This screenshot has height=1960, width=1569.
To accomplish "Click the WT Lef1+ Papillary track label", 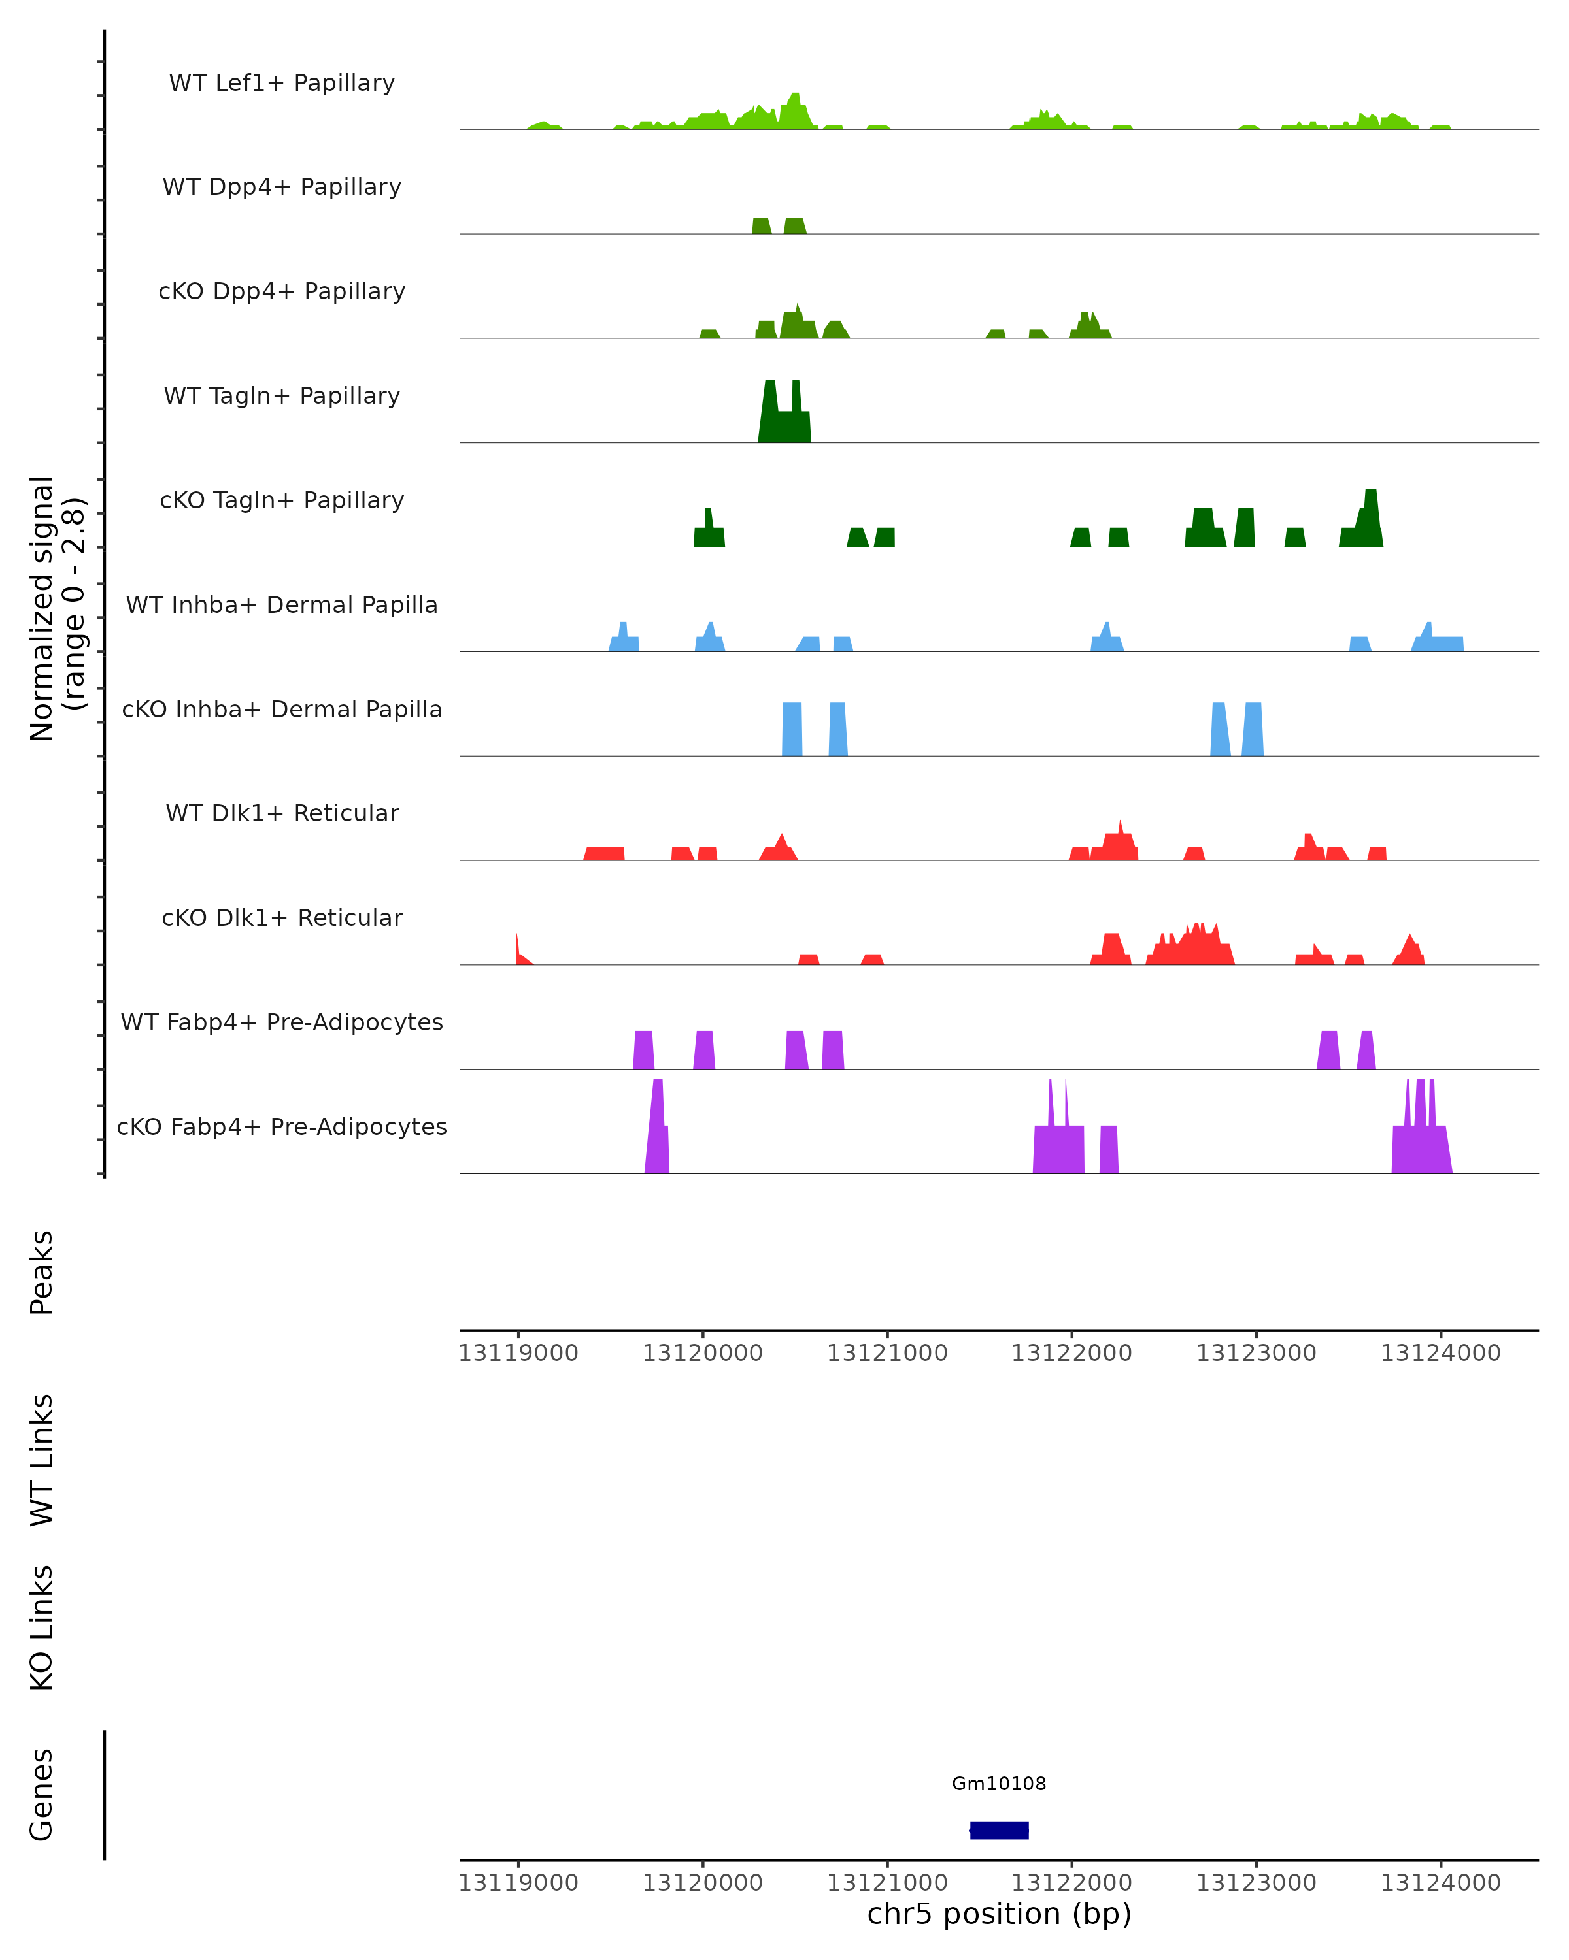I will [282, 83].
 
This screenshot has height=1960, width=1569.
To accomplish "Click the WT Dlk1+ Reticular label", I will [282, 813].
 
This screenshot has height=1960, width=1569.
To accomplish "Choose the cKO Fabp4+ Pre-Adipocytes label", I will [282, 1126].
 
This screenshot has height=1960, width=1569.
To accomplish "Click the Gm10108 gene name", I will [999, 1784].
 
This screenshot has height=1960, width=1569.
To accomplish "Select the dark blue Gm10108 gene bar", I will [999, 1830].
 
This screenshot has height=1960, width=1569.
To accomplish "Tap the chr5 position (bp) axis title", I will [999, 1914].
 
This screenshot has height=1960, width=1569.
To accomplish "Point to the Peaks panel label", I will [42, 1272].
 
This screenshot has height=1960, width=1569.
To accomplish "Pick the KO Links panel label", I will [42, 1627].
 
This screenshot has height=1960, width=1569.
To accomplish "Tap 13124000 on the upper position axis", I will [1440, 1353].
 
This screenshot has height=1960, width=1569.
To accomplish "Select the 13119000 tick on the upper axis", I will [518, 1353].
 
